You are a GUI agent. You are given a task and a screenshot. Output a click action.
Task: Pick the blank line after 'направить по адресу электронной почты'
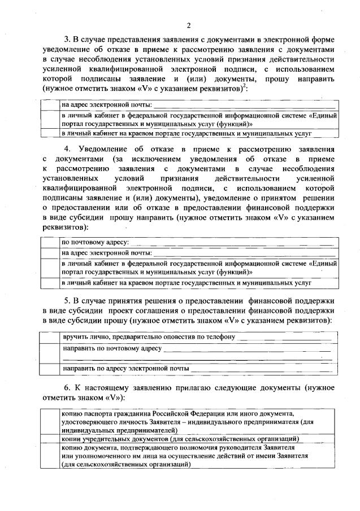260,369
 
